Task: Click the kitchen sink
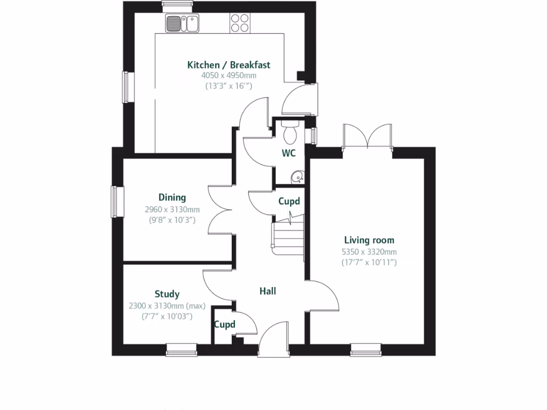pos(182,23)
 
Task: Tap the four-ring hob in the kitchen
pos(239,22)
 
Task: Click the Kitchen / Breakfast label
pos(228,65)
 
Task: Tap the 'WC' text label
pos(289,153)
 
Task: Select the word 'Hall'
pos(268,291)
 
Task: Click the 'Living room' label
pos(369,240)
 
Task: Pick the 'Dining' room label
pos(172,198)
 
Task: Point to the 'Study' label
pos(167,294)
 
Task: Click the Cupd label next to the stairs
pos(289,201)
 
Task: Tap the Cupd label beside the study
pos(224,324)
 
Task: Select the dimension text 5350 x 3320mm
pos(369,252)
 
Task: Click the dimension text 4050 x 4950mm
pos(228,76)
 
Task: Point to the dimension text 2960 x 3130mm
pos(172,209)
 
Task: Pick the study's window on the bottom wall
pos(182,350)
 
